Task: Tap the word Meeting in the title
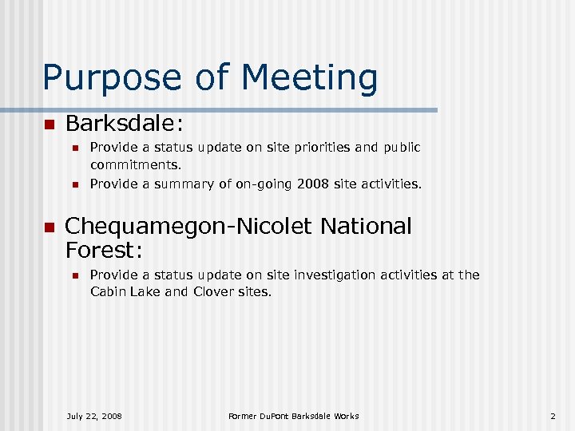coord(310,78)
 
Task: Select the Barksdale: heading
coord(125,124)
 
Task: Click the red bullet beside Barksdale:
coord(48,125)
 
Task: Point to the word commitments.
coord(136,165)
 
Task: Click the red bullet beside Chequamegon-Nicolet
coord(48,227)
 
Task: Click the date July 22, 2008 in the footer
coord(94,416)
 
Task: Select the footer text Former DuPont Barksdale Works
coord(293,416)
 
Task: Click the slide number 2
coord(552,416)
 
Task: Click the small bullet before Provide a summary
coord(74,184)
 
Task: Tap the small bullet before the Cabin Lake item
coord(74,275)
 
